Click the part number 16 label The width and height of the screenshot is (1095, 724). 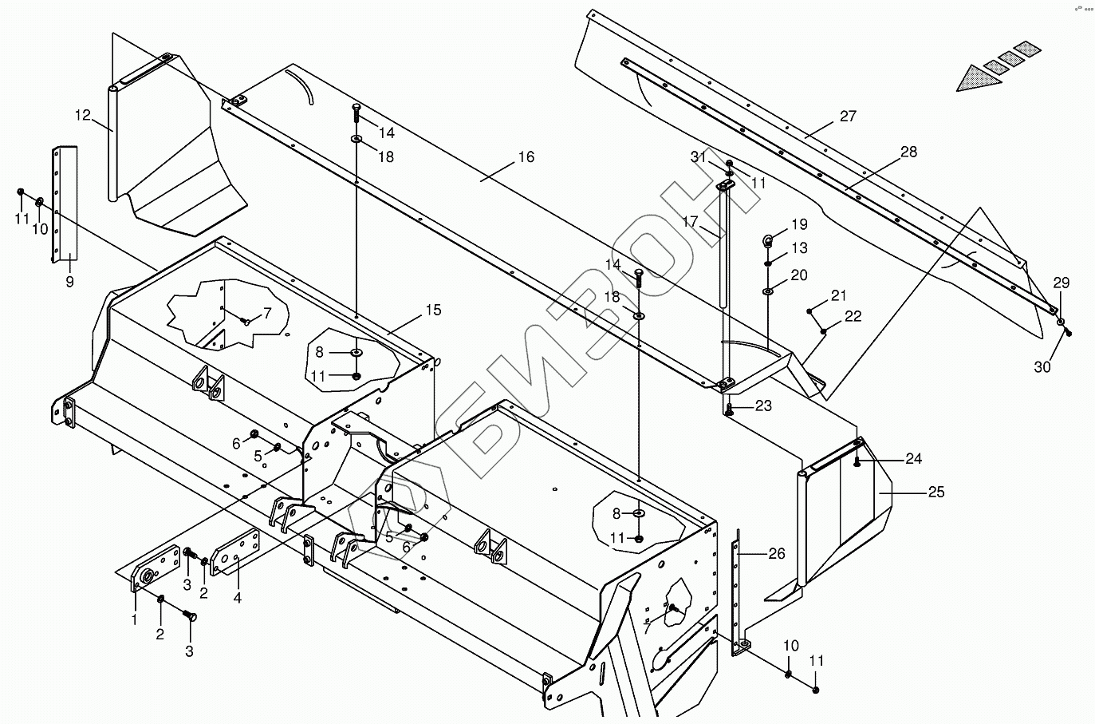pyautogui.click(x=526, y=157)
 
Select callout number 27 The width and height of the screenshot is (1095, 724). pyautogui.click(x=848, y=117)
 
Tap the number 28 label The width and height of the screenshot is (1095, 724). pyautogui.click(x=908, y=152)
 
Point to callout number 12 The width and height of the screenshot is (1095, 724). pyautogui.click(x=83, y=116)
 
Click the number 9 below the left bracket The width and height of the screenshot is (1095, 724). pyautogui.click(x=69, y=282)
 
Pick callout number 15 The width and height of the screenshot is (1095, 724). pyautogui.click(x=432, y=310)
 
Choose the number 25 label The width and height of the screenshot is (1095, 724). pyautogui.click(x=935, y=492)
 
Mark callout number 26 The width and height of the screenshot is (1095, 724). pyautogui.click(x=776, y=553)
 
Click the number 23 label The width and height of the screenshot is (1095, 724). pyautogui.click(x=763, y=406)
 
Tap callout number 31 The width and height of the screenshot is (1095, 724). pyautogui.click(x=699, y=158)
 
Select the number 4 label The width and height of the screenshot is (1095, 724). pyautogui.click(x=237, y=597)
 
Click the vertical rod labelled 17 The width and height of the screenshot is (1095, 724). pyautogui.click(x=724, y=247)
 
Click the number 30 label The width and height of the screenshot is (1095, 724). pyautogui.click(x=1042, y=367)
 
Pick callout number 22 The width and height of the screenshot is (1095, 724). pyautogui.click(x=853, y=316)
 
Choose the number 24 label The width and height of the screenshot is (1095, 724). pyautogui.click(x=913, y=458)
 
